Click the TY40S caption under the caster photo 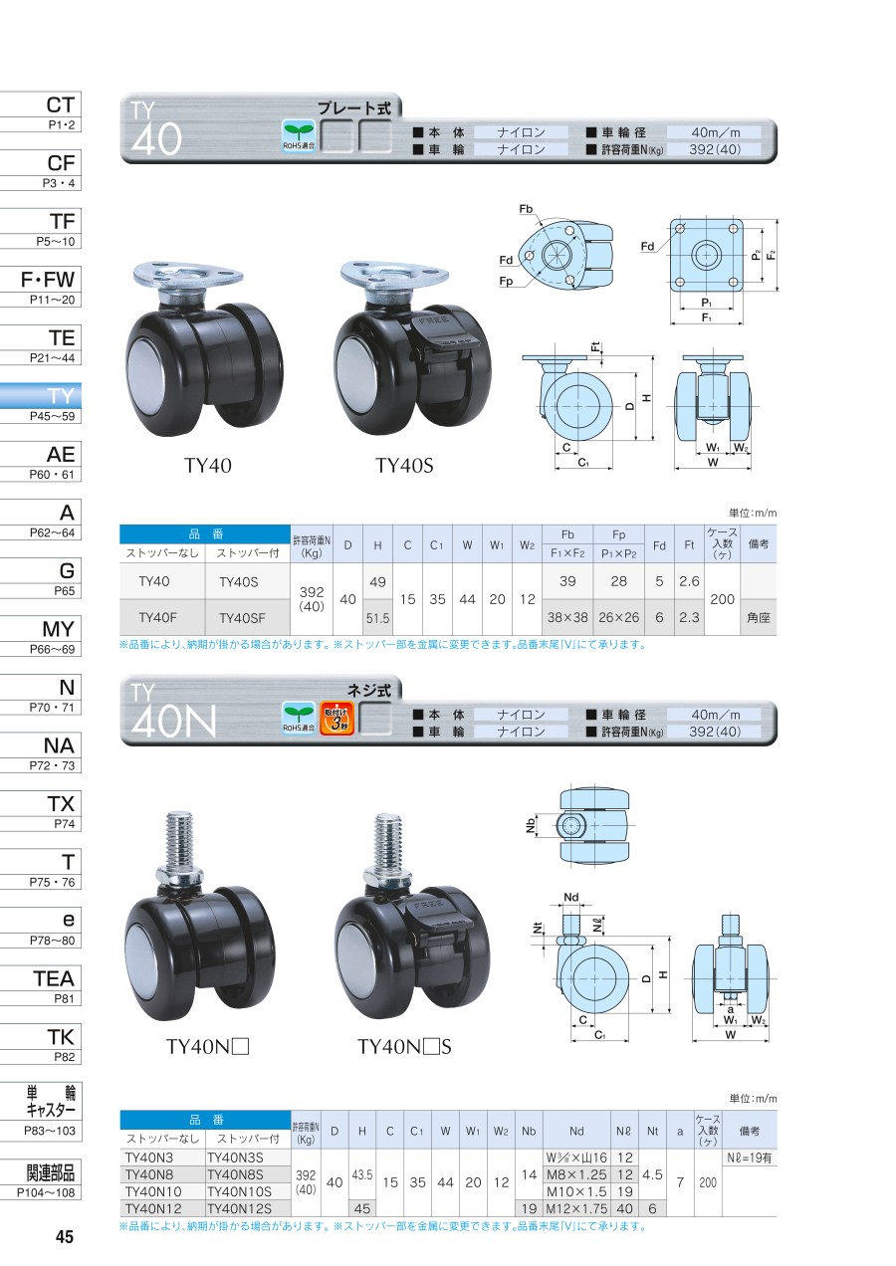[x=404, y=466]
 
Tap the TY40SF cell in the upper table [x=242, y=618]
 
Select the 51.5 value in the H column [x=377, y=618]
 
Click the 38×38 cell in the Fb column [x=567, y=618]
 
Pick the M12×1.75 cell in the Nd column [x=576, y=1208]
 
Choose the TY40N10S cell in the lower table [x=240, y=1191]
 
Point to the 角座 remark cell [x=758, y=618]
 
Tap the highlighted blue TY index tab [x=41, y=403]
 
